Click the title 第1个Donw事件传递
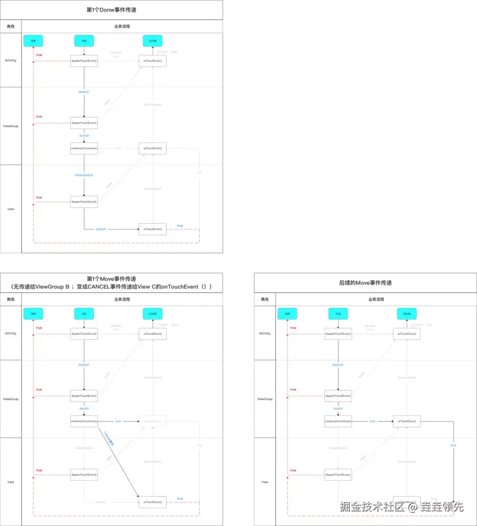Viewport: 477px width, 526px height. [x=111, y=10]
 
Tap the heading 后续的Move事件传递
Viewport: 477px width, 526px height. [x=365, y=283]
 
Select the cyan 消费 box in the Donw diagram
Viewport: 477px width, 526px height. [x=33, y=41]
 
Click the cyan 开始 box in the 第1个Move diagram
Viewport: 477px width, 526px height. [x=84, y=314]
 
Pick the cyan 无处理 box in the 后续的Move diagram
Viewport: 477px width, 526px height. [x=407, y=314]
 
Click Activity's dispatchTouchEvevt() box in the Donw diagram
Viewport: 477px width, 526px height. [x=84, y=61]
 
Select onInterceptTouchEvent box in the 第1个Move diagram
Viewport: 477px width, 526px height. [x=84, y=421]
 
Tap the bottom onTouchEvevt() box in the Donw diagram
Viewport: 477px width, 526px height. [x=152, y=229]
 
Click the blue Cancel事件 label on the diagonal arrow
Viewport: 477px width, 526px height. [x=109, y=438]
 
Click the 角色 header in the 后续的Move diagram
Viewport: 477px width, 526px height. [x=265, y=299]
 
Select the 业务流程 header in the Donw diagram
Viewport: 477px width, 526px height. [x=122, y=26]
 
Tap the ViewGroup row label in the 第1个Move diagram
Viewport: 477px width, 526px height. [x=10, y=399]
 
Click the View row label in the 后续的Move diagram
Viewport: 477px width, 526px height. [x=265, y=482]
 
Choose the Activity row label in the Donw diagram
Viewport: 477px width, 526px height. [x=10, y=60]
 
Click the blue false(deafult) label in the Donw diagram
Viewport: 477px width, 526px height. [x=84, y=175]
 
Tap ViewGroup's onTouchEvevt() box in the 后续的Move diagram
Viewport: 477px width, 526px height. [x=407, y=421]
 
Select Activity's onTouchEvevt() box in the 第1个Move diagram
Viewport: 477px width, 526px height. [x=152, y=334]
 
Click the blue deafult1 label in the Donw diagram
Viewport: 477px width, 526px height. [x=84, y=92]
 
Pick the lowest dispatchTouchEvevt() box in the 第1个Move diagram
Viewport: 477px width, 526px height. [x=84, y=475]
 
